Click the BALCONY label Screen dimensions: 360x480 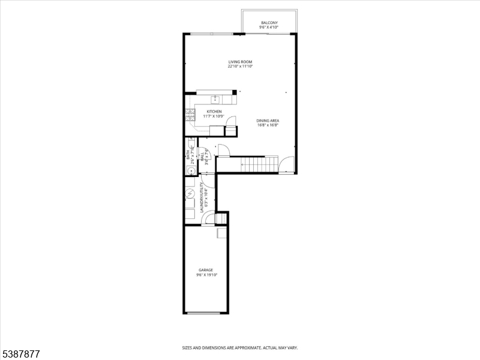click(x=268, y=23)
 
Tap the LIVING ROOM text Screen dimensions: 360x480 click(x=240, y=62)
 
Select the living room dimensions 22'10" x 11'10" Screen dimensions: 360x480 click(x=240, y=67)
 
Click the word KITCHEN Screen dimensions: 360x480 click(x=214, y=112)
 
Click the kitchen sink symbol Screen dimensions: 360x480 click(x=215, y=100)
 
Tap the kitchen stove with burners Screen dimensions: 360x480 click(x=191, y=115)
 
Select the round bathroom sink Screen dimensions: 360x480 click(x=190, y=171)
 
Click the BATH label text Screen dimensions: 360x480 click(x=187, y=157)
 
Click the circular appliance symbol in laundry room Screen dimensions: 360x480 click(x=190, y=194)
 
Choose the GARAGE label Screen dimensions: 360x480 click(x=206, y=270)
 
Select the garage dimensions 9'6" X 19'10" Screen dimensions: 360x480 click(x=206, y=275)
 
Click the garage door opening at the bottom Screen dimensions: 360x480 click(x=206, y=313)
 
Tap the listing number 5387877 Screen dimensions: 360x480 click(x=20, y=354)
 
